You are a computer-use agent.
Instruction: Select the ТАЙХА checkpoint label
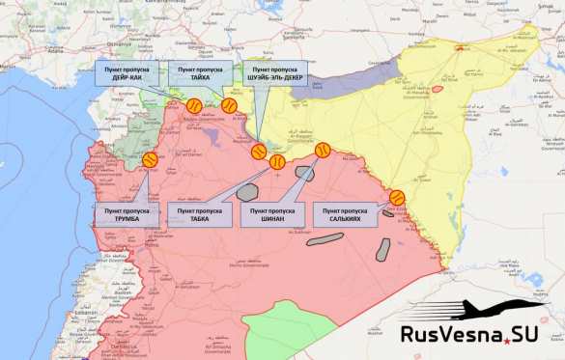(x=201, y=73)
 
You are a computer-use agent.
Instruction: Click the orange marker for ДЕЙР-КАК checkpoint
(x=193, y=107)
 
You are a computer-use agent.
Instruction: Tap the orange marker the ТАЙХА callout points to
(x=229, y=105)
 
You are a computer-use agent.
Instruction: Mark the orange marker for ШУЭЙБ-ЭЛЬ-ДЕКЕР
(x=259, y=152)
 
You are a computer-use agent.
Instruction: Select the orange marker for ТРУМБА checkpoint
(x=150, y=161)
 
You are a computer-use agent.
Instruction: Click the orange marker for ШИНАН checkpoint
(x=323, y=151)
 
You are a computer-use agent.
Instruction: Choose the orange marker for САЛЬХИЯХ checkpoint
(x=396, y=198)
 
